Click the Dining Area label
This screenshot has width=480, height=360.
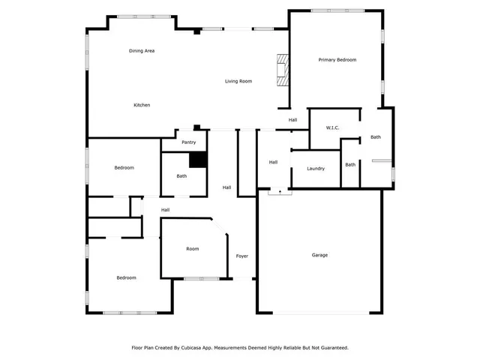pyautogui.click(x=141, y=50)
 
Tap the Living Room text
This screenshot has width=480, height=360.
pyautogui.click(x=238, y=81)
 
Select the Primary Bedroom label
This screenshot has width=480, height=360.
pyautogui.click(x=337, y=59)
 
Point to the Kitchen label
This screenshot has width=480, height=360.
pyautogui.click(x=142, y=105)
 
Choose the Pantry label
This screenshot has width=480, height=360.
pyautogui.click(x=189, y=142)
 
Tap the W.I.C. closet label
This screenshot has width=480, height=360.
pyautogui.click(x=332, y=127)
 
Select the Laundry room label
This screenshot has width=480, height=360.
pyautogui.click(x=316, y=168)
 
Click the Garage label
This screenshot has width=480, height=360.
pyautogui.click(x=319, y=255)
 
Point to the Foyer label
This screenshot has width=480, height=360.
pyautogui.click(x=242, y=256)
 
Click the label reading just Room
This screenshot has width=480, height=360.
pyautogui.click(x=193, y=249)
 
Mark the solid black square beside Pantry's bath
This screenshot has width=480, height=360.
pyautogui.click(x=197, y=160)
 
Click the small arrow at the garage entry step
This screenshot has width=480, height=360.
pyautogui.click(x=279, y=192)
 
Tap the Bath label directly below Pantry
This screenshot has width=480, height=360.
pyautogui.click(x=181, y=176)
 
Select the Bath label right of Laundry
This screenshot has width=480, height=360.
pyautogui.click(x=350, y=164)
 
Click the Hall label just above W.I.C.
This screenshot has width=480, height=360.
pyautogui.click(x=293, y=120)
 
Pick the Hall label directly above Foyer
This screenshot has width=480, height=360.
pyautogui.click(x=226, y=187)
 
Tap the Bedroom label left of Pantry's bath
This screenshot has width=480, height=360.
pyautogui.click(x=124, y=168)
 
